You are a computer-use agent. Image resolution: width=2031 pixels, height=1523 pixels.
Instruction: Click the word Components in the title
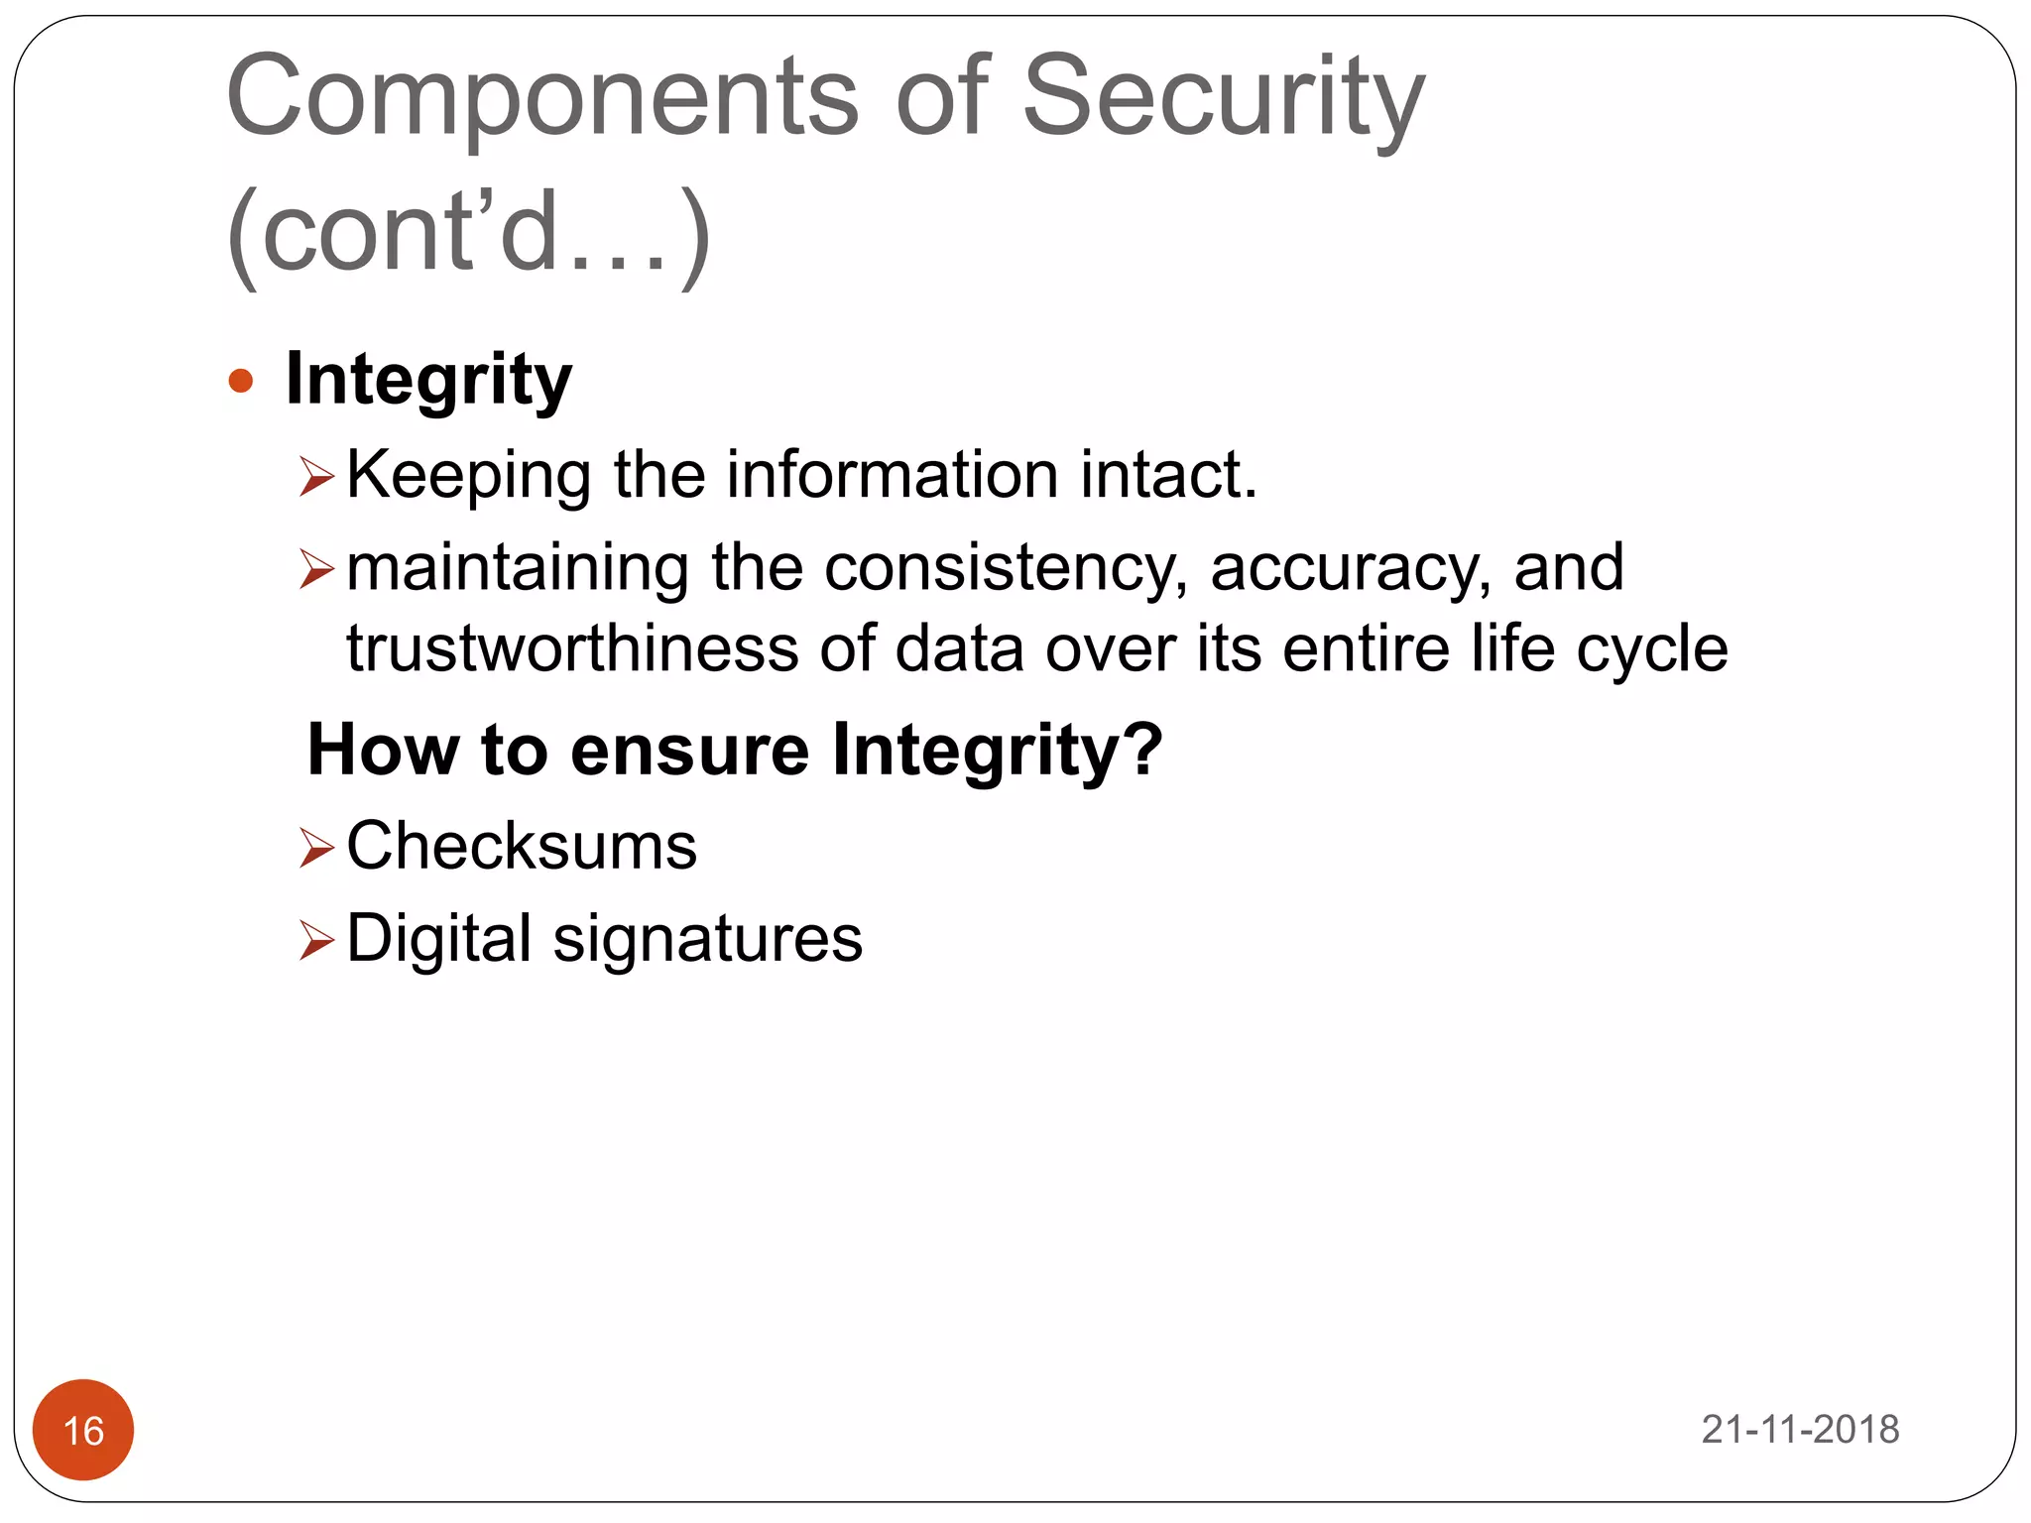541,97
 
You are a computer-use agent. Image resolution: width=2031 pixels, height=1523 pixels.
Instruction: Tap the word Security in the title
1222,97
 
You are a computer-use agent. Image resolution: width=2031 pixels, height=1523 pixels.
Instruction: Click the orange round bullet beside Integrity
241,381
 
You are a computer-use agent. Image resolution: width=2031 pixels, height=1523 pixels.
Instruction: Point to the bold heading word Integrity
428,381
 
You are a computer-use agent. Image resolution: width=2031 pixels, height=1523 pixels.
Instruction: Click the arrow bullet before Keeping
316,477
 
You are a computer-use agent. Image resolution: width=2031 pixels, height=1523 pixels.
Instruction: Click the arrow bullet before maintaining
316,569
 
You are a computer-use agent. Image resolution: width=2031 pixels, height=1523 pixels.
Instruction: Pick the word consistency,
1006,569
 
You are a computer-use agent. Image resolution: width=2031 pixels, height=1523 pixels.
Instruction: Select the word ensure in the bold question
689,750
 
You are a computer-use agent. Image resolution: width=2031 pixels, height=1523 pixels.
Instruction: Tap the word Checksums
522,847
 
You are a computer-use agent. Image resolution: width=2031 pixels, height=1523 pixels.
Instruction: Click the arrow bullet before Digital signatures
316,939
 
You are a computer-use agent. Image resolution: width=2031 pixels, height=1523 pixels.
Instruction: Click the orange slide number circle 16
83,1429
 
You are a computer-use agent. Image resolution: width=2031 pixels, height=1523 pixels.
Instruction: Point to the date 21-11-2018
1800,1429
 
